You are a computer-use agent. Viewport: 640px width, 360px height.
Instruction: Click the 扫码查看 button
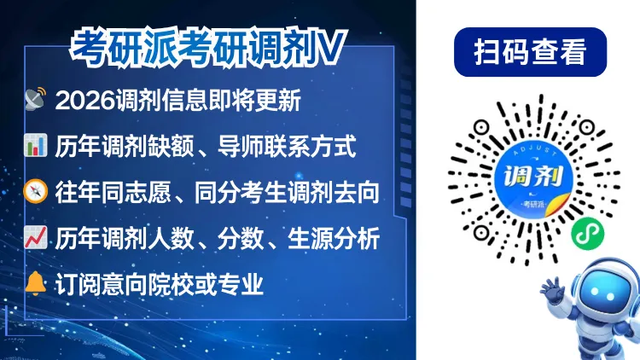point(530,53)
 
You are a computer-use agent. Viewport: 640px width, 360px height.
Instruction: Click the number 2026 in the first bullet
point(83,101)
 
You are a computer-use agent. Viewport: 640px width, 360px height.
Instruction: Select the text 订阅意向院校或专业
point(160,284)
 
